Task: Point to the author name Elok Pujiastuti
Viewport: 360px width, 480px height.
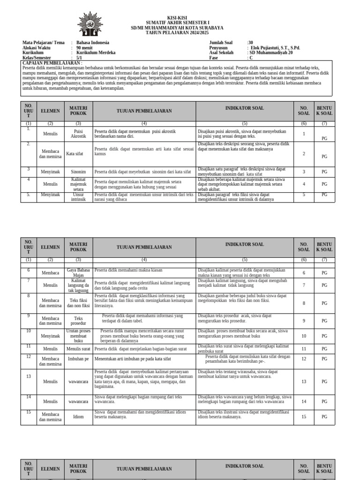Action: coord(275,48)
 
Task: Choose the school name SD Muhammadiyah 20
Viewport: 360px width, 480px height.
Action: coord(271,53)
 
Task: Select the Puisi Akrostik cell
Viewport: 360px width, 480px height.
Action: coord(78,134)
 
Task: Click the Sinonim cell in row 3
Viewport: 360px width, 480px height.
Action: coord(78,172)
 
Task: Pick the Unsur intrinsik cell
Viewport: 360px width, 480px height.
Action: coord(78,197)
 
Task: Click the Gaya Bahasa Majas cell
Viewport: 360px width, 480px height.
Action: coord(78,272)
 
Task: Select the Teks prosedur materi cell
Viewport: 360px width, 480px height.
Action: coord(78,321)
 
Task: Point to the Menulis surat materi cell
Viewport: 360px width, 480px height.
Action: coord(78,349)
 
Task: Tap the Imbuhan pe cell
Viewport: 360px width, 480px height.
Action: coord(78,359)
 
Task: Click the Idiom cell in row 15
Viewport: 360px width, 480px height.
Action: coord(78,416)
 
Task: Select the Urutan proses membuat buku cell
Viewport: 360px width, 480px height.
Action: coord(78,336)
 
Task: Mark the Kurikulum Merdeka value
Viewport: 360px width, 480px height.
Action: coord(96,53)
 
